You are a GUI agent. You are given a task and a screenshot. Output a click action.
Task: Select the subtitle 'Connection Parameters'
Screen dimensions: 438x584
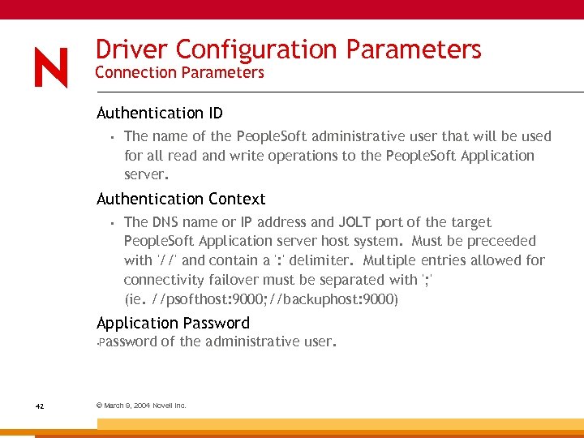point(179,73)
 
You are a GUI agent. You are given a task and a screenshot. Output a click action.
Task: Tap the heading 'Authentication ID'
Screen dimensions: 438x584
point(160,113)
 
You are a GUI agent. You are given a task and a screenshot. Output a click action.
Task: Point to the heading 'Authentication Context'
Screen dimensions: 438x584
point(181,199)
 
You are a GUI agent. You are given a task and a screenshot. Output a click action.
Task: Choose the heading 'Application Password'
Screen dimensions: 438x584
point(173,323)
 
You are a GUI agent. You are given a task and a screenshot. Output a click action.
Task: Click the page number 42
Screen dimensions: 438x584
point(39,406)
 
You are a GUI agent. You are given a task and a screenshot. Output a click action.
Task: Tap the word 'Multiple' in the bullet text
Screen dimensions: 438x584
point(393,260)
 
